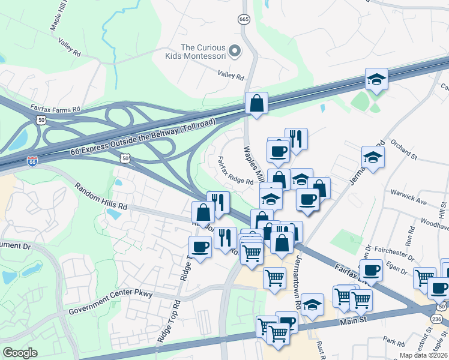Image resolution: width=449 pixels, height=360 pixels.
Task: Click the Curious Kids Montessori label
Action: point(203,52)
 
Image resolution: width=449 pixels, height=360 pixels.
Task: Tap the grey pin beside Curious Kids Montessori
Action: point(235,51)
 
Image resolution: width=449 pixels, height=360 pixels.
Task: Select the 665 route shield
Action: point(244,20)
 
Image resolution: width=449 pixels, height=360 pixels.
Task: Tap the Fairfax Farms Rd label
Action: point(55,109)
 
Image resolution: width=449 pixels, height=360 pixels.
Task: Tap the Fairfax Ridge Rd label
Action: point(234,172)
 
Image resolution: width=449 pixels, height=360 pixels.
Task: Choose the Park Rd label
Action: point(394,342)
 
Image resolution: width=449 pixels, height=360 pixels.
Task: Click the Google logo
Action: point(20,352)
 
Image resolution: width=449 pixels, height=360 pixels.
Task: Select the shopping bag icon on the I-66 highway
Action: point(256,103)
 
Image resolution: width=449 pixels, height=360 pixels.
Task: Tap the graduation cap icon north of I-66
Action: point(376,79)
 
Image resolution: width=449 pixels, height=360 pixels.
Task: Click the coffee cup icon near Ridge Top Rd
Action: point(200,246)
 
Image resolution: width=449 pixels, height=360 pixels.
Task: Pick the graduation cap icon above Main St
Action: point(312,305)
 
